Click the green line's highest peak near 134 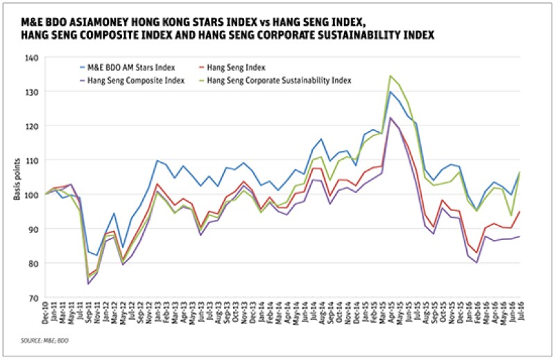tap(391, 76)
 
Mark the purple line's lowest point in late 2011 tap(88, 284)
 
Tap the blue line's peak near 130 tap(391, 92)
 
